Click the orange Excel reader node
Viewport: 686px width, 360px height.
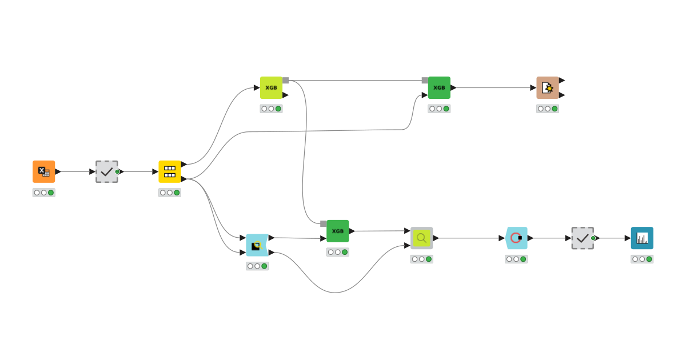pos(43,171)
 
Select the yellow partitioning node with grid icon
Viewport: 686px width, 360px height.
pos(170,171)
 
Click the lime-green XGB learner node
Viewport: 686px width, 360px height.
pos(271,87)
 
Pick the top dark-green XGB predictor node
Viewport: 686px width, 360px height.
pos(439,87)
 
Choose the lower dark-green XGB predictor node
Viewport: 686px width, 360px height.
pos(337,231)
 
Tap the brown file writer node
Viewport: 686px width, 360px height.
pos(547,87)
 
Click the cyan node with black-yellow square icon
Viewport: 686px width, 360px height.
pos(257,245)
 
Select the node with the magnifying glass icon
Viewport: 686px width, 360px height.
pos(421,238)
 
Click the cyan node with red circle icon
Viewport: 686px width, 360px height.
pos(516,238)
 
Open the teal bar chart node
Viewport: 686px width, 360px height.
pos(642,238)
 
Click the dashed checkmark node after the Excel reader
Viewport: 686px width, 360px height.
pos(107,171)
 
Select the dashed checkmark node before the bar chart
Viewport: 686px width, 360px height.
pos(583,238)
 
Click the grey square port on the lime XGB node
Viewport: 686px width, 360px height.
pos(285,81)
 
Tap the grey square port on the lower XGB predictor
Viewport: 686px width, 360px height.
pos(324,224)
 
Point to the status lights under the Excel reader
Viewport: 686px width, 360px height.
pos(43,193)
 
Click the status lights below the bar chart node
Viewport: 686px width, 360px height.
pos(642,259)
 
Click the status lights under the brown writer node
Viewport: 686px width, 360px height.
pos(547,109)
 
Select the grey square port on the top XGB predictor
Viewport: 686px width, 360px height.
pos(425,81)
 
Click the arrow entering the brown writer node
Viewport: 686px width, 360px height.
pos(533,87)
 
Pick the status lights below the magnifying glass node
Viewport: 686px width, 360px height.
pos(421,259)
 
